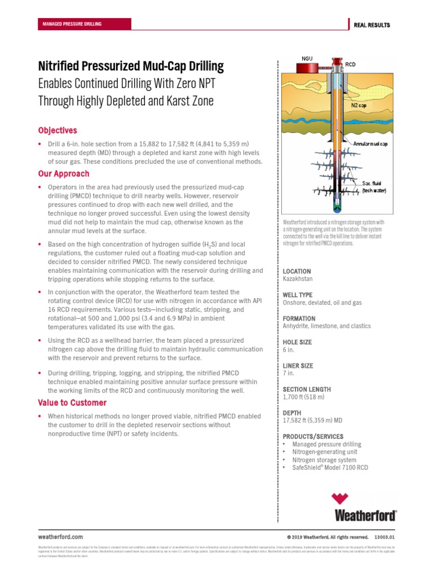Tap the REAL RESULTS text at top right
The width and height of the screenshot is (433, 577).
coord(372,25)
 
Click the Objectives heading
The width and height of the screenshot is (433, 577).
coord(58,130)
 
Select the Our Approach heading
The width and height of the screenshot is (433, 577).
coord(64,174)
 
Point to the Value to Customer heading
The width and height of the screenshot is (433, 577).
coord(72,403)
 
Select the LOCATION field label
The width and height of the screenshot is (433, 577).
coord(297,272)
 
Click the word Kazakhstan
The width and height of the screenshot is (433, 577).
coord(298,279)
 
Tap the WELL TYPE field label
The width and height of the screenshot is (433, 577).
coord(297,295)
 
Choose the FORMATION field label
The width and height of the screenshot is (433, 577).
coord(299,319)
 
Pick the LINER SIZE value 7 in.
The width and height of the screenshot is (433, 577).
coord(288,374)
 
